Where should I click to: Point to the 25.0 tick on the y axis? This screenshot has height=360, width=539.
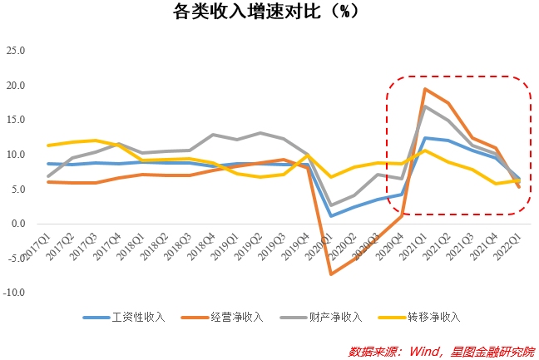tap(17, 51)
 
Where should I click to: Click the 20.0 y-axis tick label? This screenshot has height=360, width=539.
tap(17, 86)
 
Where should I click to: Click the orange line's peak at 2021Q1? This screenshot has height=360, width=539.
tap(425, 89)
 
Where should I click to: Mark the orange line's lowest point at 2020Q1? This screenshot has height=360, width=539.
tap(331, 274)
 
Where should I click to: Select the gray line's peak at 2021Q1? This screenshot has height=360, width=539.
tap(425, 106)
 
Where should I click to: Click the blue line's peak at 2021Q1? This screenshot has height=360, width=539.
tap(425, 138)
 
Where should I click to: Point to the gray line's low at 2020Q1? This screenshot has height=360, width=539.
tap(331, 205)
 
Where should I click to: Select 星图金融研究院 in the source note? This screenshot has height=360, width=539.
tap(492, 350)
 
